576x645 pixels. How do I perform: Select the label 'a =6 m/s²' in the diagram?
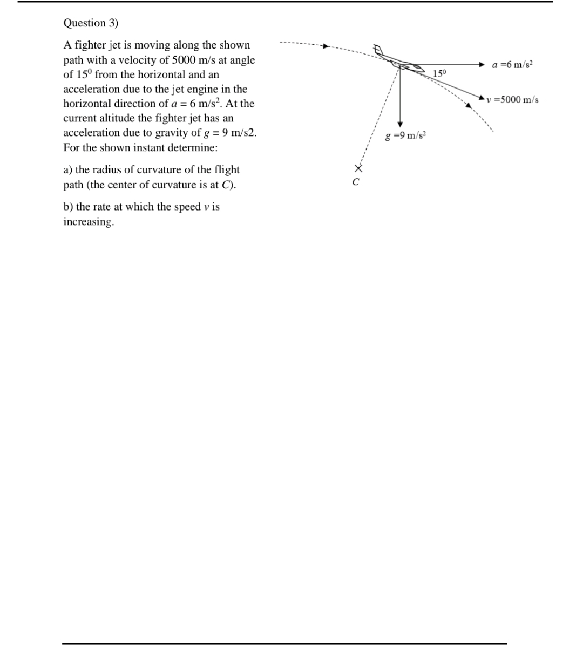click(512, 64)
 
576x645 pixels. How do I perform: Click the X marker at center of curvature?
click(356, 169)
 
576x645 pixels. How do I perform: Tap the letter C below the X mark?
click(356, 182)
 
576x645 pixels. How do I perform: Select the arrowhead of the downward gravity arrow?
click(400, 124)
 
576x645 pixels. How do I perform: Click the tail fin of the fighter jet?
click(380, 50)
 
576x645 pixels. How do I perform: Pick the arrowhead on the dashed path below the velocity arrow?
click(469, 106)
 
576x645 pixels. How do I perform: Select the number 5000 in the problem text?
click(186, 60)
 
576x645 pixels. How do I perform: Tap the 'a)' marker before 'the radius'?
click(68, 169)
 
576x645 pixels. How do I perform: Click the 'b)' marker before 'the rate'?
click(69, 207)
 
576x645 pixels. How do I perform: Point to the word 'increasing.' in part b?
click(89, 222)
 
